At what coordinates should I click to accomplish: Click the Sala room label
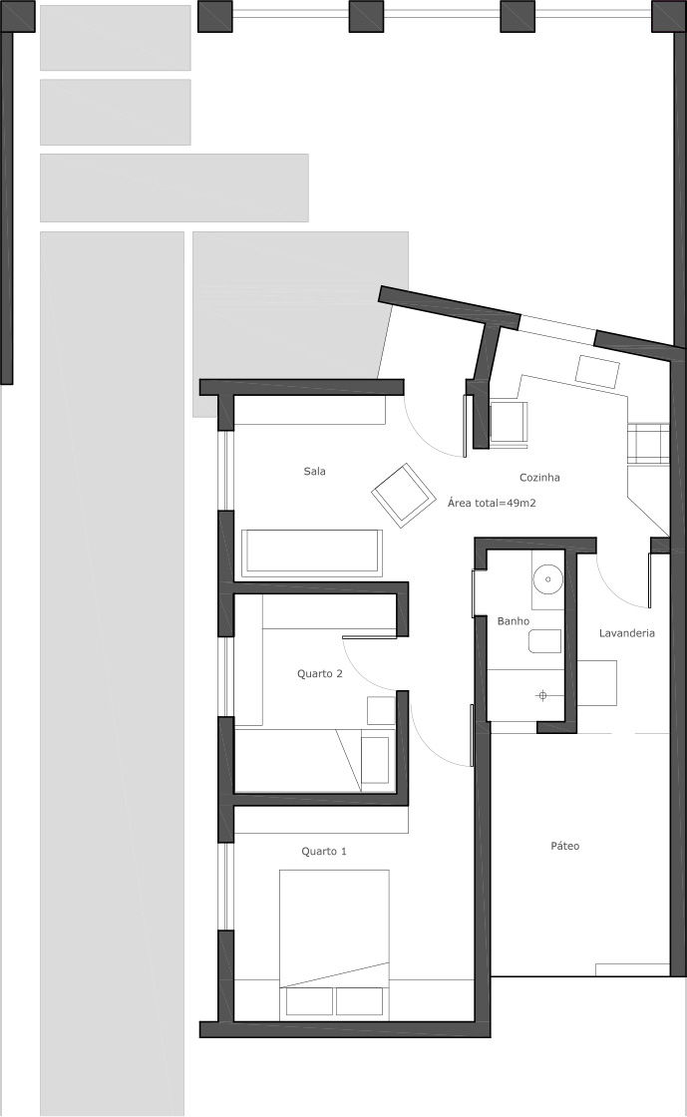[315, 471]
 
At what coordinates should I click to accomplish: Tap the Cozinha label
[539, 478]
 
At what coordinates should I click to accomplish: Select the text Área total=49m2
[492, 503]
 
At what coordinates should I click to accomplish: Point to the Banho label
[514, 621]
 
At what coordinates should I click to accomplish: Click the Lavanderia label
[626, 632]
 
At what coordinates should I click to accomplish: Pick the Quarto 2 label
[320, 673]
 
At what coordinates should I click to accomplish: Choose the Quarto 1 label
[324, 852]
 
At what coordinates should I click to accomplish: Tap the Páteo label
[565, 847]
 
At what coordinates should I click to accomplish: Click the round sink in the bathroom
[548, 579]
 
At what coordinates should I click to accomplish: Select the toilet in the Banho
[544, 641]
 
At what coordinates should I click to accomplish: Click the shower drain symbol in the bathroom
[542, 695]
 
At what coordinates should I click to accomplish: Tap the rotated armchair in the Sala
[404, 495]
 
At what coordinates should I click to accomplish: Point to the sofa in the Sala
[312, 553]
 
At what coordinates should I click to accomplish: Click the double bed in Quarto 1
[335, 944]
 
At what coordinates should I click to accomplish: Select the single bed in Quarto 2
[314, 759]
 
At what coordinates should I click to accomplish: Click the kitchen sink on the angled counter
[598, 371]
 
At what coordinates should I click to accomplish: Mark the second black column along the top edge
[367, 16]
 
